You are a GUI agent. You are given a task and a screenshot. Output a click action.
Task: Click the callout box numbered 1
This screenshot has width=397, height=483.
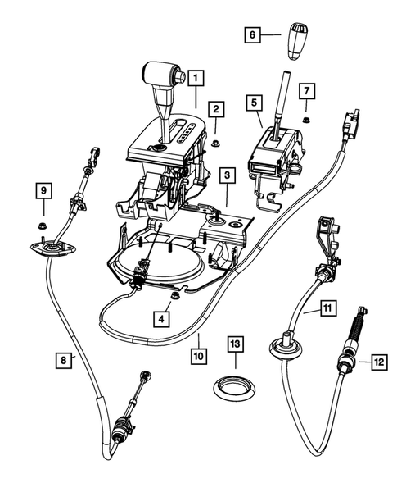[196, 78]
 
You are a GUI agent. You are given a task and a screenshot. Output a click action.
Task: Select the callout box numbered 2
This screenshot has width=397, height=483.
[216, 108]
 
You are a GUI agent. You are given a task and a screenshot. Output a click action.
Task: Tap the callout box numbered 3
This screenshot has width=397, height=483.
[226, 175]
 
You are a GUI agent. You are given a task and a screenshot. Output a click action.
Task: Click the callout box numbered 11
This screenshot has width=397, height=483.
[327, 308]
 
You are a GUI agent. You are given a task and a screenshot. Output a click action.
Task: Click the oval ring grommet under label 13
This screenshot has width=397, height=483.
[236, 385]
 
